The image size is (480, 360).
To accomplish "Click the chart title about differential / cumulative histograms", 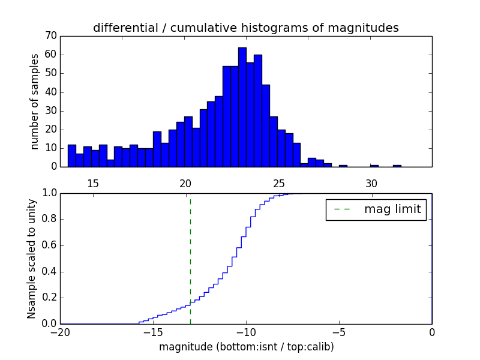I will click(245, 28).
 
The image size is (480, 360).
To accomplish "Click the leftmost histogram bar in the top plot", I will click(71, 155).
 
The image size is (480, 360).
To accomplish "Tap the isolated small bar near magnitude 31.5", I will click(397, 166).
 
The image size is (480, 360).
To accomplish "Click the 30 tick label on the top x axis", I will click(371, 183).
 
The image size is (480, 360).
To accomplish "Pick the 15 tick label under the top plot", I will click(93, 183).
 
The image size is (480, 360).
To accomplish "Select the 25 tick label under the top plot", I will click(279, 183).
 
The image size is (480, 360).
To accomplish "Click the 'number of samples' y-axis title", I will click(35, 101).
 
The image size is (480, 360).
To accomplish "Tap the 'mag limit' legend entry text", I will click(392, 209).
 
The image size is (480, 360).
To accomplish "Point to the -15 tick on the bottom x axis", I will click(153, 332).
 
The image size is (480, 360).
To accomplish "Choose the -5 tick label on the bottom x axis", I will click(339, 332).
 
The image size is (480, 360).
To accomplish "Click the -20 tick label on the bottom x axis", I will click(60, 332).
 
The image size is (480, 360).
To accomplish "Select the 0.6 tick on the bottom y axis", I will click(49, 245).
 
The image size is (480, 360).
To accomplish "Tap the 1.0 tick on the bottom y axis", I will click(49, 193).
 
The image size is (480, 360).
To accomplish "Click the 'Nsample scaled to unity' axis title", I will click(31, 259).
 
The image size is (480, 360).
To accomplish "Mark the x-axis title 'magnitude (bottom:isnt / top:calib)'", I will click(246, 346).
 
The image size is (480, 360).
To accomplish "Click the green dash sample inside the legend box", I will click(341, 209).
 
